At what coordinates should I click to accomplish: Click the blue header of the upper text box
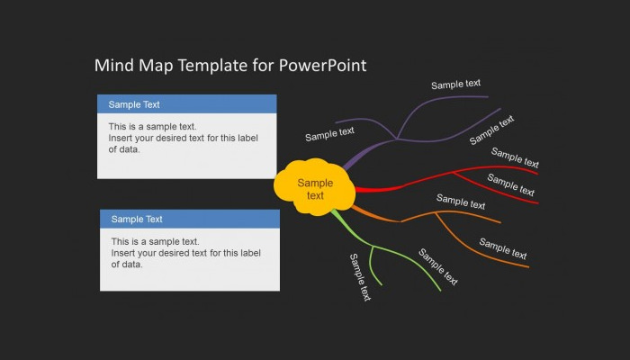(x=186, y=103)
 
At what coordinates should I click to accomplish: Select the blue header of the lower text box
(x=190, y=219)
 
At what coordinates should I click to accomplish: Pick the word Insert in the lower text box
(x=124, y=253)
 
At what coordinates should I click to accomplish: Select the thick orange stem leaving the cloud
(x=365, y=213)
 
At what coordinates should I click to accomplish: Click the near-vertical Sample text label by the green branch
(x=360, y=277)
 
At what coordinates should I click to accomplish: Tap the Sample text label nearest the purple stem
(x=329, y=134)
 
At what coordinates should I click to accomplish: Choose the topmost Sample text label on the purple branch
(x=455, y=85)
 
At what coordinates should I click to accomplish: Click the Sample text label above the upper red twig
(x=515, y=157)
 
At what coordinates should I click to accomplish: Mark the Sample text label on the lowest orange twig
(x=502, y=248)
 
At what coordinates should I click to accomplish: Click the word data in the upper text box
(x=131, y=149)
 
